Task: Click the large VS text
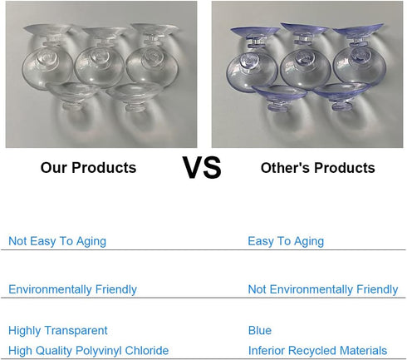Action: coord(202,167)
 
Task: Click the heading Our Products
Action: coord(88,168)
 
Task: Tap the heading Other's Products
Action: coord(318,168)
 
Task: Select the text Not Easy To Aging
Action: coord(57,241)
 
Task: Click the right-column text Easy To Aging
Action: coord(286,241)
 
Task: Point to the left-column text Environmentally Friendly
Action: coord(72,289)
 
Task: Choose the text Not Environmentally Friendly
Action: coord(323,289)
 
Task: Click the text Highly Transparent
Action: coord(58,331)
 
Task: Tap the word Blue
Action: coord(260,330)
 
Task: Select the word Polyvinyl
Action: coord(98,351)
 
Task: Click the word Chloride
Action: coord(147,351)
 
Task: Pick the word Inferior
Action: coord(267,351)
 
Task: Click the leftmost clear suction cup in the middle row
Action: coord(47,68)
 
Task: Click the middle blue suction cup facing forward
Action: coord(306,68)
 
